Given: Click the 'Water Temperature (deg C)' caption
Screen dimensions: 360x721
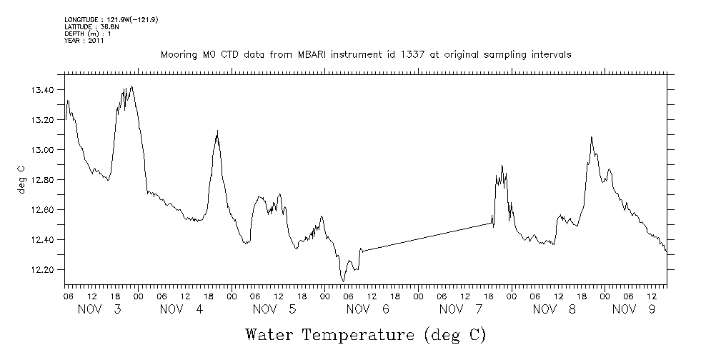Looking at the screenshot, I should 366,334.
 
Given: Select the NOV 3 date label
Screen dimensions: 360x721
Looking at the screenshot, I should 99,309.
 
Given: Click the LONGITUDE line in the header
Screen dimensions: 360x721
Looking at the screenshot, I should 111,19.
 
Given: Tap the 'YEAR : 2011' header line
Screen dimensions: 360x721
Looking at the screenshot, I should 84,40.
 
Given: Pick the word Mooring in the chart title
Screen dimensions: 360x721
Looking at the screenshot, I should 176,55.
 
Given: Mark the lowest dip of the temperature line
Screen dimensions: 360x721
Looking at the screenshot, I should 343,281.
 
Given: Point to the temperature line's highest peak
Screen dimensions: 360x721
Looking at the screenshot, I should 132,86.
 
